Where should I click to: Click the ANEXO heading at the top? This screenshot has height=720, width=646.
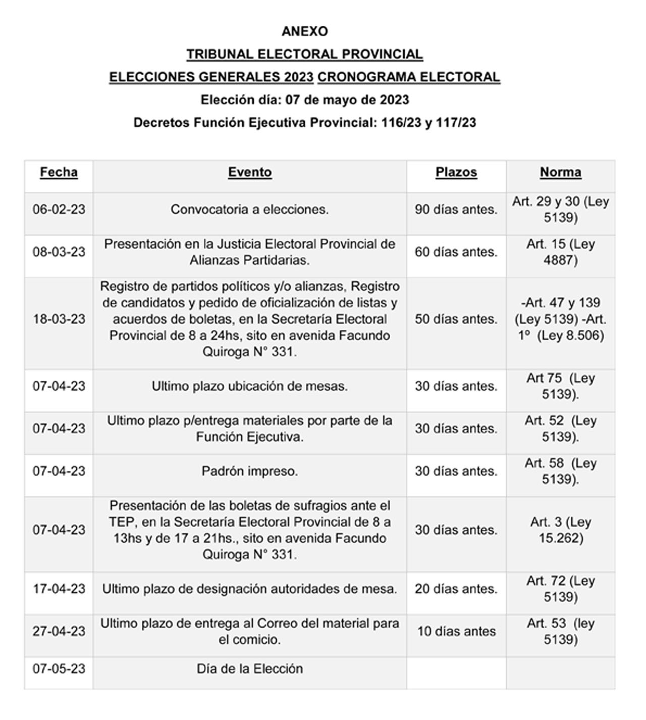coord(304,31)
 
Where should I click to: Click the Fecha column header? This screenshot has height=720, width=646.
coord(59,172)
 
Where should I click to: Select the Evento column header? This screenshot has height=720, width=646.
coord(250,172)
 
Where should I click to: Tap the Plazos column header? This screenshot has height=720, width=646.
coord(456,172)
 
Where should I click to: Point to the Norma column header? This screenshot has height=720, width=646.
coord(560,172)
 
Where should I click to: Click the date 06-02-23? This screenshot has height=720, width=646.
coord(59,209)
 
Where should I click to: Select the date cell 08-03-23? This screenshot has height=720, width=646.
coord(59,251)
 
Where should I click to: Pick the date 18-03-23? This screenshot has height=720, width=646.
coord(59,319)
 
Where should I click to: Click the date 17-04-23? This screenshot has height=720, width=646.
coord(59,589)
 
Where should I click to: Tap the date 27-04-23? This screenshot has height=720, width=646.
coord(59,631)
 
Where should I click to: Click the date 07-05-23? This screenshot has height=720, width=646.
coord(59,668)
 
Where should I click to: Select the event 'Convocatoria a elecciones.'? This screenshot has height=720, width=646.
coord(250,209)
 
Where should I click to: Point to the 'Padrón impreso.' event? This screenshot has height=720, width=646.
coord(250,471)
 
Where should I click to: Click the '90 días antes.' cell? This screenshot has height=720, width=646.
coord(456,209)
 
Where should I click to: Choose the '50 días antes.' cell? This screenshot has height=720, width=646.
coord(456,319)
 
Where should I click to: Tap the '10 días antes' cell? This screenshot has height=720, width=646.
coord(456,631)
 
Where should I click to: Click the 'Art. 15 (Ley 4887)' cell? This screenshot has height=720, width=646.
coord(560,251)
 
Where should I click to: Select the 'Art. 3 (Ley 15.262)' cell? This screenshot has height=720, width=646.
coord(560,530)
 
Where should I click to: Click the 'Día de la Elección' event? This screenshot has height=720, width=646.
coord(250,668)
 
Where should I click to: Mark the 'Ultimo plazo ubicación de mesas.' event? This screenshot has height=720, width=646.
coord(250,386)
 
